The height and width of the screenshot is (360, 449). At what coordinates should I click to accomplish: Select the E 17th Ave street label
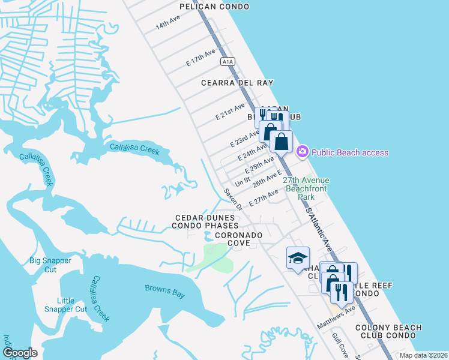tap(200, 58)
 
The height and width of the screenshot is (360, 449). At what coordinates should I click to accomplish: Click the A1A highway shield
tap(226, 61)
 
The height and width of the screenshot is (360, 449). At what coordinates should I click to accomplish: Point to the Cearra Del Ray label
tap(237, 83)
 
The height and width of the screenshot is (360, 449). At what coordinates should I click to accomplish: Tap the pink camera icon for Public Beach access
tap(303, 152)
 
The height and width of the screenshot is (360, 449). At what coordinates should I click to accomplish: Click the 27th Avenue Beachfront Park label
tap(306, 188)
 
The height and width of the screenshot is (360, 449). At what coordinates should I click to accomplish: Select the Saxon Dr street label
tap(232, 199)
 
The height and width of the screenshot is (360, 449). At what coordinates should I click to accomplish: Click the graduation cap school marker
tap(298, 258)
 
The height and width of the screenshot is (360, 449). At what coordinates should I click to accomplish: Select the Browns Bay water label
tap(164, 292)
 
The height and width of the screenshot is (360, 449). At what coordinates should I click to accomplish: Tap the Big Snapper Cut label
tap(50, 265)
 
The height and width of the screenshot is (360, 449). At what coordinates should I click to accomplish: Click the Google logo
tap(20, 353)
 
